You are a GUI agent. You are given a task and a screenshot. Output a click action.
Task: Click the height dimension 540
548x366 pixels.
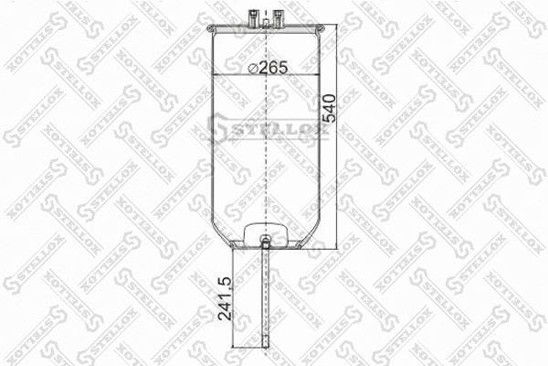(x=330, y=111)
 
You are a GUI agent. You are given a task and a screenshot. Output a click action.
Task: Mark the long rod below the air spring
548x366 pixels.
(x=265, y=302)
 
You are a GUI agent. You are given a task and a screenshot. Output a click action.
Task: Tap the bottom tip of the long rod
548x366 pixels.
(x=265, y=346)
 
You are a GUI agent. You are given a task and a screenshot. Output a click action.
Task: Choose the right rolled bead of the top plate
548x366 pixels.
(x=320, y=34)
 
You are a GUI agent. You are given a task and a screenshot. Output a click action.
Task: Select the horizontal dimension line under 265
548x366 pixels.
(x=265, y=74)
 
